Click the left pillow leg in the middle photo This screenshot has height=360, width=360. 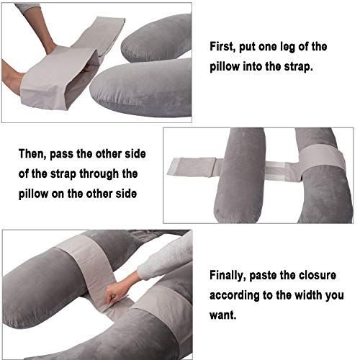click(x=240, y=173)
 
